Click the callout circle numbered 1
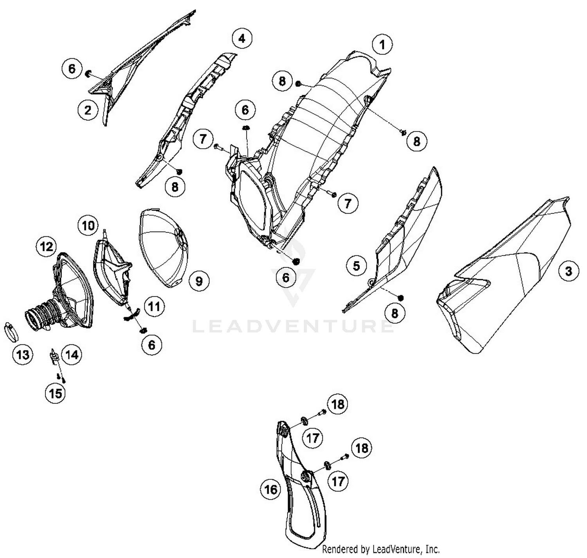[382, 45]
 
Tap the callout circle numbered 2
[88, 110]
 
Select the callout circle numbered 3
[569, 272]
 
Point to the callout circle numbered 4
[242, 38]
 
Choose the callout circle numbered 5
[356, 266]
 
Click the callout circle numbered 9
[199, 281]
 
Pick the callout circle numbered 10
[88, 226]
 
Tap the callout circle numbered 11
[154, 306]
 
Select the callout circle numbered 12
[46, 247]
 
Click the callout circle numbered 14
[72, 355]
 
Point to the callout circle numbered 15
[56, 393]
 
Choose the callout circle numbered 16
[270, 490]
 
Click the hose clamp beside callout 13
[11, 332]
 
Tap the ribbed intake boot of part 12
[42, 316]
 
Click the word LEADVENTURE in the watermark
[293, 326]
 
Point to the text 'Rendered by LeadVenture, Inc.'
[381, 549]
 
